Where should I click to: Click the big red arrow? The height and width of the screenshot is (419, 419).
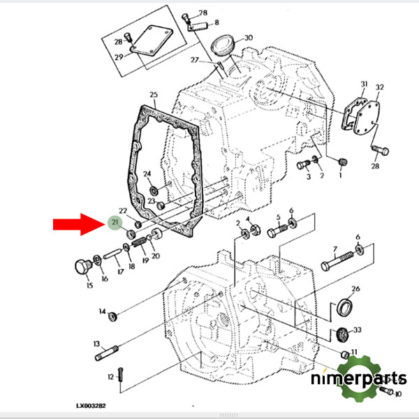coord(78,225)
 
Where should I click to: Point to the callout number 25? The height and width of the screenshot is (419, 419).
coord(154,94)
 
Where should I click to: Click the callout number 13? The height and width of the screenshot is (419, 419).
coord(97,344)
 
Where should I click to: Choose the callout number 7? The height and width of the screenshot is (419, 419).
coord(335,249)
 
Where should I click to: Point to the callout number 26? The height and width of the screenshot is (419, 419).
coord(355,288)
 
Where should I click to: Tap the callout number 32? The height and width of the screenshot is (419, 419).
coord(380,87)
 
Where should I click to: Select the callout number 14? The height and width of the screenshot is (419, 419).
coord(102,311)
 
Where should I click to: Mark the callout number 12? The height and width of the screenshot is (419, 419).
coord(110,377)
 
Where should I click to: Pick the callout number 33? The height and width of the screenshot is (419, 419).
coord(358,329)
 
